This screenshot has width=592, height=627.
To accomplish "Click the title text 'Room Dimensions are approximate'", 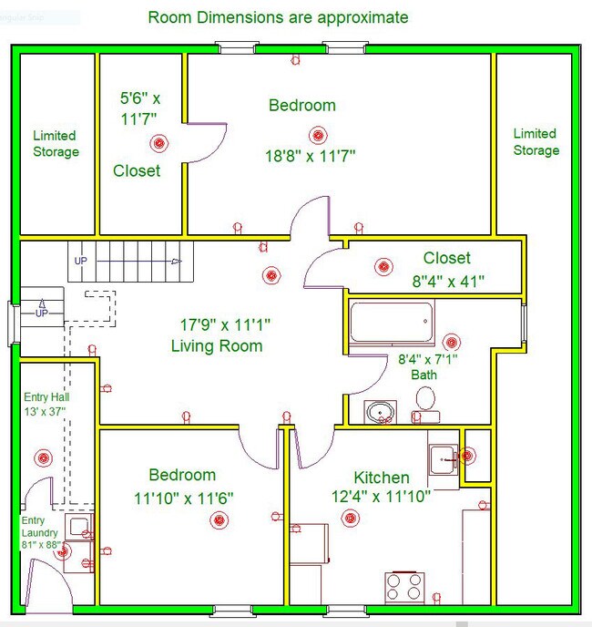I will click(x=278, y=17).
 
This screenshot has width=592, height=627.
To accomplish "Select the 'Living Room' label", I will click(x=217, y=345).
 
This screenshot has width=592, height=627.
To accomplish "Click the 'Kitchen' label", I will click(x=382, y=478).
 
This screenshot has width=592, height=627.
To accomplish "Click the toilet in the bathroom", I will click(x=425, y=402).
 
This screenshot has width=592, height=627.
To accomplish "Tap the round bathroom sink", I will click(x=381, y=412).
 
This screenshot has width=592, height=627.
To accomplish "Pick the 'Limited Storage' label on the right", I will click(x=535, y=141).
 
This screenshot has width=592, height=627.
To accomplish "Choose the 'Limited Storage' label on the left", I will click(x=56, y=144).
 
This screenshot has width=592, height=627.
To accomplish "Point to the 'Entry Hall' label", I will click(x=47, y=404).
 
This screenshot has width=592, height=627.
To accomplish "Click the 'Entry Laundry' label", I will click(x=40, y=532).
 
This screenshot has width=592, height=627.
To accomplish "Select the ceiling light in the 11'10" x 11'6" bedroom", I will click(x=219, y=520).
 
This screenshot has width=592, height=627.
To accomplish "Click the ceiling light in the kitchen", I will click(x=349, y=518).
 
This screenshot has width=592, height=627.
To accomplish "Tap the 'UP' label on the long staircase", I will click(x=81, y=262).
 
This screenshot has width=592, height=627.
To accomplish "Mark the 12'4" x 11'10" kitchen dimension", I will click(x=381, y=496).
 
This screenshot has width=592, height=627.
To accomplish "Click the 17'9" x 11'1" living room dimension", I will click(x=224, y=324).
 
